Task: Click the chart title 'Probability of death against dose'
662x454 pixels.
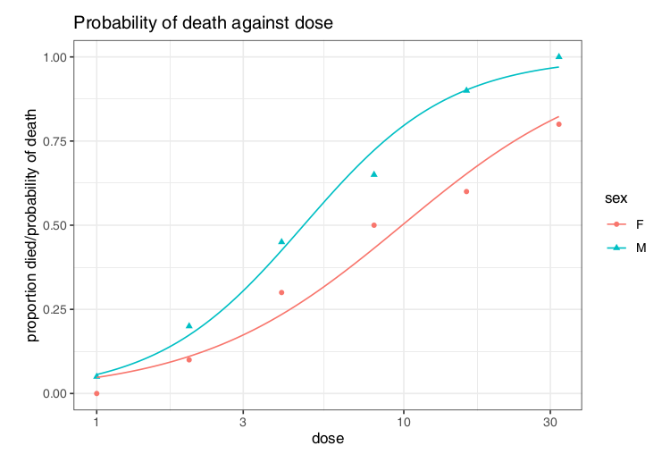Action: (x=203, y=22)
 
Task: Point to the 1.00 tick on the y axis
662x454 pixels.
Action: (x=54, y=57)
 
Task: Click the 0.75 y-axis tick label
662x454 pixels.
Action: (x=54, y=141)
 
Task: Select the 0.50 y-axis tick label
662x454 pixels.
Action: (x=54, y=225)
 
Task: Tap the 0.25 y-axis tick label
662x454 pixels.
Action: (x=54, y=309)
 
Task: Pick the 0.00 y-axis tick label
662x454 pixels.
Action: (x=54, y=393)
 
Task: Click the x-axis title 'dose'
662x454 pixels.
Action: (x=327, y=440)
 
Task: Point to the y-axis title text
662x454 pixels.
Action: (x=31, y=225)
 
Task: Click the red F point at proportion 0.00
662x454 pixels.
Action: (x=96, y=393)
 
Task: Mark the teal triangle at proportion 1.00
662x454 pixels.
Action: (x=559, y=56)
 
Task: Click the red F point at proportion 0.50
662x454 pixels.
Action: (x=374, y=225)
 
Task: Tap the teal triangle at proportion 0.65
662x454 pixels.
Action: (x=374, y=174)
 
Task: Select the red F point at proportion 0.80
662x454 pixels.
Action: (x=559, y=124)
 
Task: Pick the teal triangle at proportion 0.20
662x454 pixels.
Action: (x=189, y=325)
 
